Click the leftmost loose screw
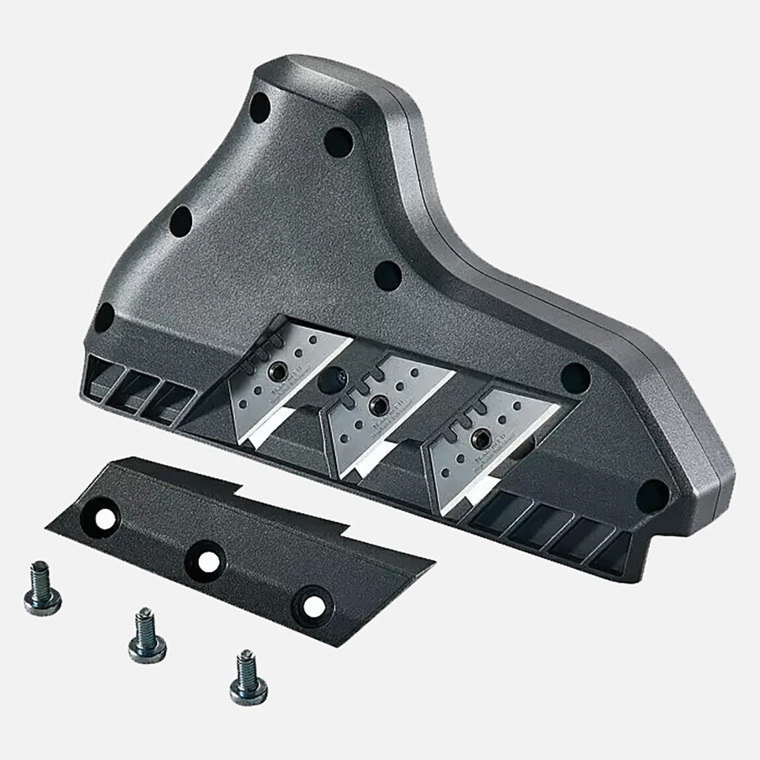43,589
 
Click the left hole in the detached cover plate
104,519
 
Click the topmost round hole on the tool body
260,107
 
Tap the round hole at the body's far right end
652,494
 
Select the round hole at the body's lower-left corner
105,317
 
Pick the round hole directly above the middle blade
387,275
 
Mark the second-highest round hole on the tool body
338,141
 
